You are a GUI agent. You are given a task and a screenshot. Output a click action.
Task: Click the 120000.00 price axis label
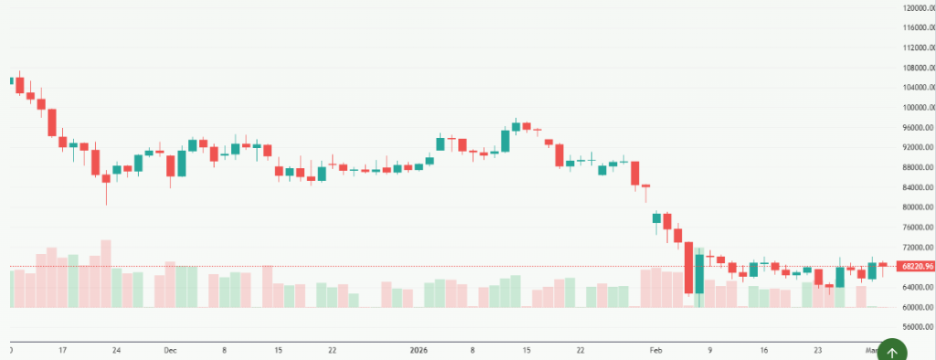pos(917,7)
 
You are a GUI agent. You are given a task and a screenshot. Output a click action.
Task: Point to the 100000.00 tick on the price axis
pos(917,108)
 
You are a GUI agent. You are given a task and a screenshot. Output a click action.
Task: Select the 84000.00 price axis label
pos(917,187)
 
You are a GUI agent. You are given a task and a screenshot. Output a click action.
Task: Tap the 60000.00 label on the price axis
pos(917,308)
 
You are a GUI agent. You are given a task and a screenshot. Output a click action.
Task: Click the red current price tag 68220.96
pos(916,266)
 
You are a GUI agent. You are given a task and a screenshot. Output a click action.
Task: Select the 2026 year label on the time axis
pos(419,349)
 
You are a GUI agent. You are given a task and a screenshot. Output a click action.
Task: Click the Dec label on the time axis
pos(170,349)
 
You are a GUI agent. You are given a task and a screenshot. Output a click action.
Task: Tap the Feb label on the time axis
pos(654,349)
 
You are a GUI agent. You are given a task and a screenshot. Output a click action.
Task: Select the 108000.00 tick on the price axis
pos(917,68)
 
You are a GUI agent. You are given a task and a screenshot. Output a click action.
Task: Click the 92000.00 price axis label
pos(917,148)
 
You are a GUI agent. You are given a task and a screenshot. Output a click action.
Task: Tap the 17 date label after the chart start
pos(62,349)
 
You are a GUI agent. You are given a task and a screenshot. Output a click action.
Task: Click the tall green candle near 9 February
pos(699,274)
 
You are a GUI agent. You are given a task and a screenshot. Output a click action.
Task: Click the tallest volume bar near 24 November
pos(106,273)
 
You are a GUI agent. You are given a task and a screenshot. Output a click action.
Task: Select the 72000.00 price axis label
pos(917,248)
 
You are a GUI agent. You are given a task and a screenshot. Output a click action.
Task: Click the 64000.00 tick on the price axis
pos(917,288)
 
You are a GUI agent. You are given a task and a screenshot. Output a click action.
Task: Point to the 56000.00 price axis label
pos(917,328)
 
